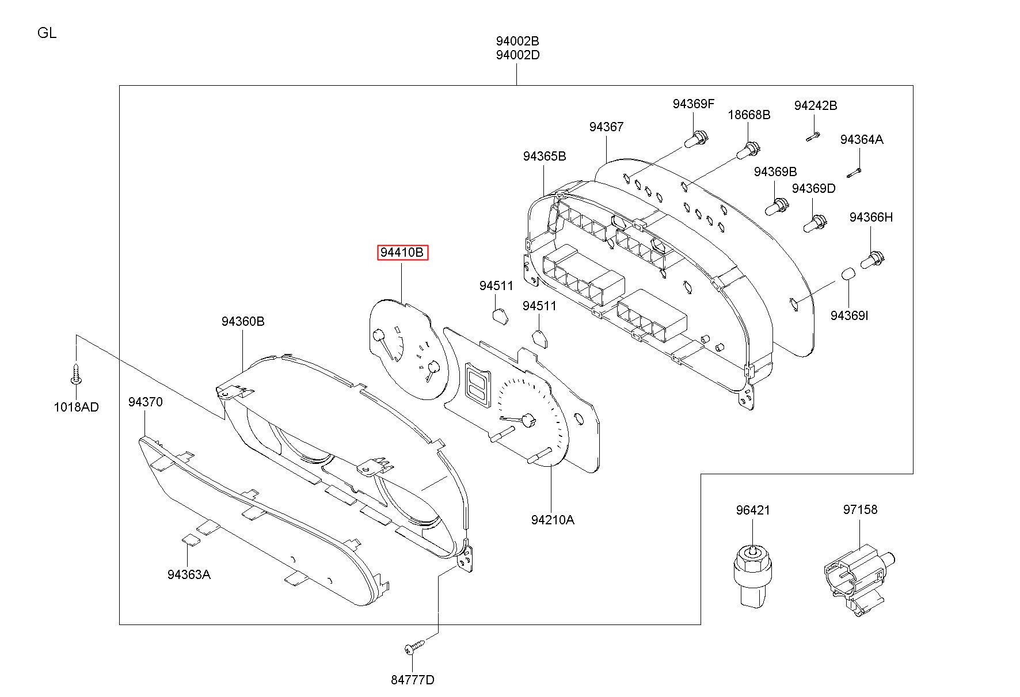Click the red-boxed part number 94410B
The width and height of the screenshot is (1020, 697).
pos(402,253)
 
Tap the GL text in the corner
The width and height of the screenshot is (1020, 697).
pos(47,33)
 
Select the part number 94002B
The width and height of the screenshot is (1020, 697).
pos(517,41)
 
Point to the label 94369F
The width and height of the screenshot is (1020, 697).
pos(693,104)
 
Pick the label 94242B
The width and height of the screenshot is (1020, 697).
pos(816,105)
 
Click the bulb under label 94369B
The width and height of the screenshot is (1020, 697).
pos(776,206)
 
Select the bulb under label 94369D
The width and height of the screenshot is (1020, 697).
pos(815,223)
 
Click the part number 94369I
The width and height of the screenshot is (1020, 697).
pos(849,315)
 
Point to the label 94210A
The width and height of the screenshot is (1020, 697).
pos(553,520)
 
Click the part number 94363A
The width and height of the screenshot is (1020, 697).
pos(189,574)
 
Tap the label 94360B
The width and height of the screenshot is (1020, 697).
pos(243,321)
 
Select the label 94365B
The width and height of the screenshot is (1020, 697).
pos(545,156)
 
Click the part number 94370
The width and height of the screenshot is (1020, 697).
pos(146,402)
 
